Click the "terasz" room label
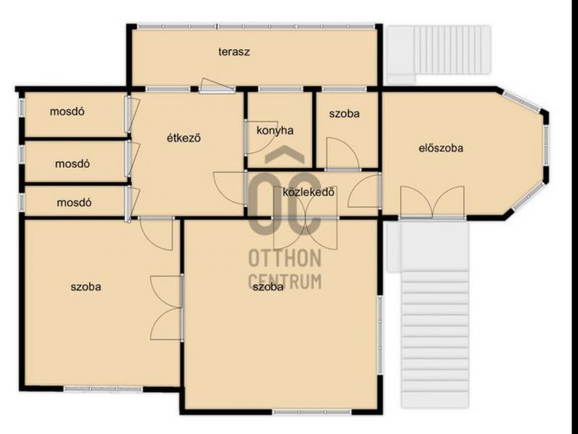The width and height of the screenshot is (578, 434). coord(233,51)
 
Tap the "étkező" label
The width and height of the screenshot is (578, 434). coord(184,138)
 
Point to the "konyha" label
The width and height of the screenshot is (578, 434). coord(275,131)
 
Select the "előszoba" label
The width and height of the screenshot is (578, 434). coord(441,148)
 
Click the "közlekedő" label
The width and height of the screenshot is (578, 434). coord(309,192)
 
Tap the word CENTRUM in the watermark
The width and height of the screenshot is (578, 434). coord(285,281)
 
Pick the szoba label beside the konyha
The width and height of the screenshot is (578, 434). coord(345,114)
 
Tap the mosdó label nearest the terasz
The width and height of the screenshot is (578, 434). coord(67,111)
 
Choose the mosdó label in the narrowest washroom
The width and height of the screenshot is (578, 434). coord(74,203)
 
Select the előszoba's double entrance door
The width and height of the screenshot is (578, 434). coord(432,203)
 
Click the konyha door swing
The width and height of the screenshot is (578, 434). coord(256,137)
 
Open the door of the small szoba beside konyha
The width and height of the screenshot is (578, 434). coord(342,154)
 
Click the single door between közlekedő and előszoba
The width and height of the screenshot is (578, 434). coord(365,191)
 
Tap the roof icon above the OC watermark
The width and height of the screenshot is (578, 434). coord(285,154)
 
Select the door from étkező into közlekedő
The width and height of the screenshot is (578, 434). coord(230,188)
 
